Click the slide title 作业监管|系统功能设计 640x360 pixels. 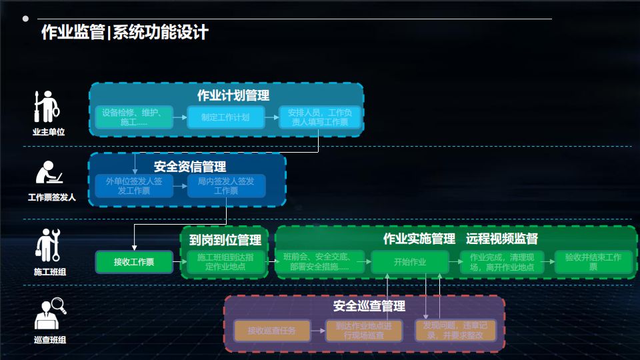tap(125, 33)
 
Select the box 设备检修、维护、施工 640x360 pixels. tap(133, 117)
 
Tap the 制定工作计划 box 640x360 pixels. tap(226, 117)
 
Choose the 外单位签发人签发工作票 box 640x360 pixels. tap(133, 186)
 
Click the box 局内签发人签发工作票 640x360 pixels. tap(226, 186)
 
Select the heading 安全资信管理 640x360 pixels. tap(190, 167)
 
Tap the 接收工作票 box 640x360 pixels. tap(134, 262)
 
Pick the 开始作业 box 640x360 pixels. tap(410, 262)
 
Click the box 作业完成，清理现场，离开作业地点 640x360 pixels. tap(501, 262)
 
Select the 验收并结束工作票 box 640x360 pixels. tap(593, 262)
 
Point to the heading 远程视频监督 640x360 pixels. tap(501, 239)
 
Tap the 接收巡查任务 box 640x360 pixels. tap(271, 331)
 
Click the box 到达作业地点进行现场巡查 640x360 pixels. tap(363, 331)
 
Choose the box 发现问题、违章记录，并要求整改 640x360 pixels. tap(456, 331)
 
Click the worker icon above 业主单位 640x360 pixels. tap(47, 107)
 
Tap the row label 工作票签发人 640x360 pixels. tap(51, 197)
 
